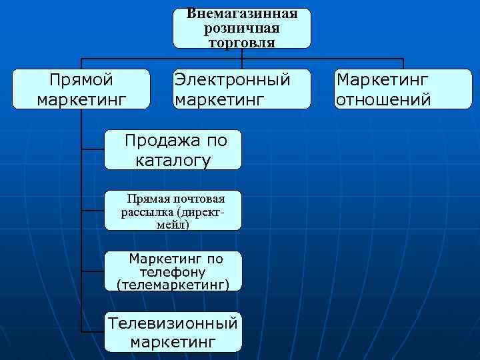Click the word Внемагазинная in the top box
coord(241,14)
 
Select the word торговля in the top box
coord(241,42)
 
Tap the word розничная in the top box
coord(241,29)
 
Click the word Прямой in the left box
coord(81,80)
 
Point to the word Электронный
coord(232,80)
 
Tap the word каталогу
coord(173,160)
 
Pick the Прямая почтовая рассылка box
coord(173,211)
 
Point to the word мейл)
coord(171,225)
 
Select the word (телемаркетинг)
coord(173,285)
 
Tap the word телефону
coord(173,272)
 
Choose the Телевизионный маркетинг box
coord(173,332)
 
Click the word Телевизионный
coord(173,323)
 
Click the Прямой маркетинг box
coord(81,89)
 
